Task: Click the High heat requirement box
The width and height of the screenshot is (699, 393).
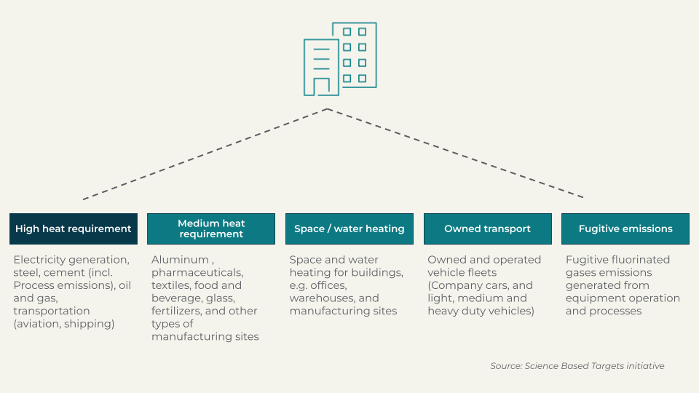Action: click(x=73, y=229)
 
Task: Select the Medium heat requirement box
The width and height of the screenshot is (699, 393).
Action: click(x=211, y=229)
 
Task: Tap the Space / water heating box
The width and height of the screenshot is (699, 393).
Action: click(x=349, y=229)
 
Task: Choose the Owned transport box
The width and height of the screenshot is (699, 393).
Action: click(x=487, y=229)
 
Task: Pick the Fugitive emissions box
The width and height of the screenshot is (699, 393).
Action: click(x=625, y=229)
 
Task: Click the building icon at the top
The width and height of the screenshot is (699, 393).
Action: click(x=340, y=59)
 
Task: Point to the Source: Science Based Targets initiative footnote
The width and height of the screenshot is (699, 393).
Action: click(x=577, y=366)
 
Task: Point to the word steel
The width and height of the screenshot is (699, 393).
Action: click(x=28, y=273)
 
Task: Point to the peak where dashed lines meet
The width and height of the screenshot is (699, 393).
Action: click(x=328, y=109)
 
